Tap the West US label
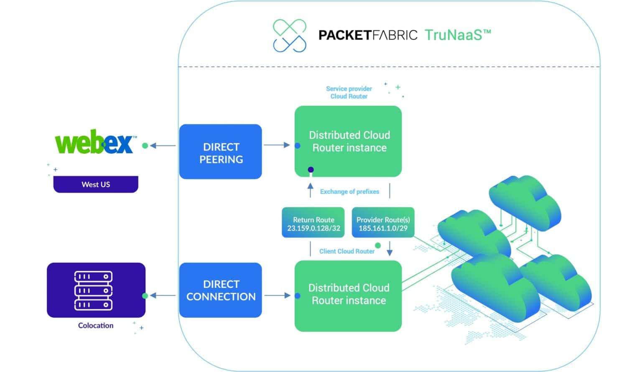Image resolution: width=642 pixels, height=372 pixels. pos(96,184)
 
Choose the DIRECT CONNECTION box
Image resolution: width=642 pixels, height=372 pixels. pos(220,290)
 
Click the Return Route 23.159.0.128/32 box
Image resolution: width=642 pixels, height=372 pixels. pos(313,224)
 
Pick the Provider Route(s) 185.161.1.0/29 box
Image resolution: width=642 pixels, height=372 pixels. pos(383,224)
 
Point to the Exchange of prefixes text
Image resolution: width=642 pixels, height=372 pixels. pos(349,191)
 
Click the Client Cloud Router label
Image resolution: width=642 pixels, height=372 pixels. pos(346,251)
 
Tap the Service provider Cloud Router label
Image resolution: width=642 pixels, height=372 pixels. pos(349,92)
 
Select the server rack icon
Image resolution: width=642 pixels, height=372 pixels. pos(93,290)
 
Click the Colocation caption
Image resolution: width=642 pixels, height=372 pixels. pos(96,326)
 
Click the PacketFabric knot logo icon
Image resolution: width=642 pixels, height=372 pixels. pos(289,36)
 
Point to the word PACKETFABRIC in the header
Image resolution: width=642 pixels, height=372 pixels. pos(368,35)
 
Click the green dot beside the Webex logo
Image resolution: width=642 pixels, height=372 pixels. pos(145,146)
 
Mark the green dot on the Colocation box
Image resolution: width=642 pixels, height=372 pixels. pos(145,296)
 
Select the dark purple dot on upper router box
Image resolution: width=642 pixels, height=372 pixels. pos(311,170)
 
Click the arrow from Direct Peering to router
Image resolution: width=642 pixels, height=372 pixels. pos(277,145)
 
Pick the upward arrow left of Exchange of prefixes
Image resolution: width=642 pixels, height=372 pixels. pos(310,190)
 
